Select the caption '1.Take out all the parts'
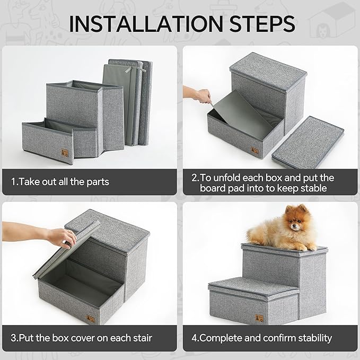[x=60, y=182]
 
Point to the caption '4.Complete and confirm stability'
[x=261, y=338]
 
